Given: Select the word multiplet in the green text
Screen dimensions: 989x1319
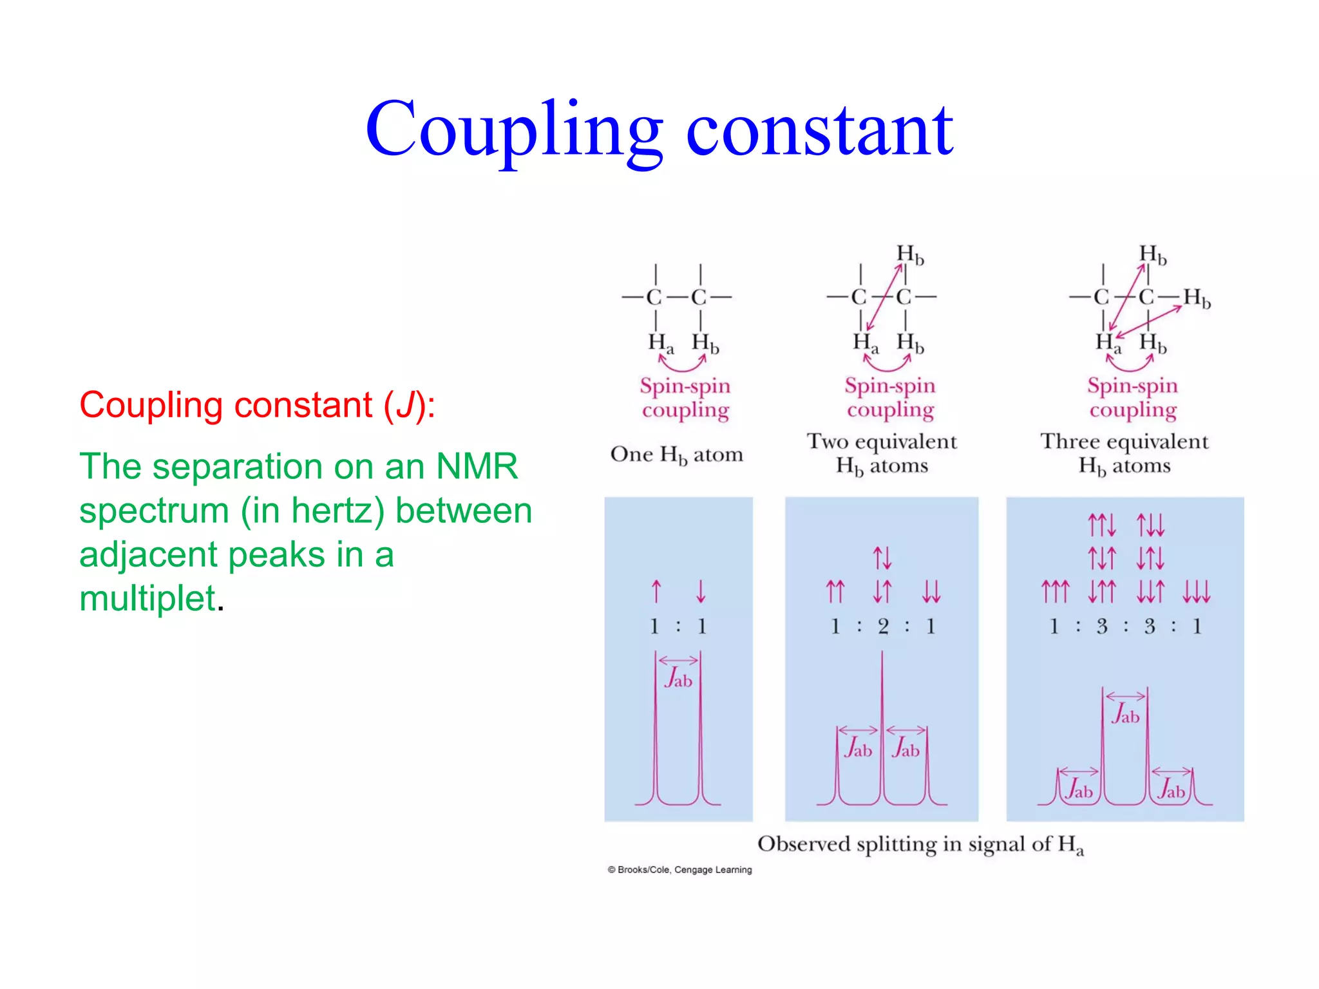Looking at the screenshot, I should click(147, 598).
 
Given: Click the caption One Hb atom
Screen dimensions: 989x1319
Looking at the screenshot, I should click(676, 455).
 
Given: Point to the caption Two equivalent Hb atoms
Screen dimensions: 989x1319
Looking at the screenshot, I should click(882, 453).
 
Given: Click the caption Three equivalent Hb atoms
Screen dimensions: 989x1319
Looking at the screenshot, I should click(1124, 453).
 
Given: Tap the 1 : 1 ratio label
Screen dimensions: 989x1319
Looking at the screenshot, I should click(678, 626).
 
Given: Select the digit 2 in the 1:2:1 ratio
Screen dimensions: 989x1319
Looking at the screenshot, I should click(883, 626).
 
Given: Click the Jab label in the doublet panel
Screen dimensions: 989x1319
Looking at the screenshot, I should click(678, 679).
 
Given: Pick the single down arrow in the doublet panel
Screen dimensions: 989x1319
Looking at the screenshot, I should click(701, 591).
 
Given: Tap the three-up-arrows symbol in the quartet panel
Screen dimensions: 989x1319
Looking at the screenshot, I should click(1055, 591).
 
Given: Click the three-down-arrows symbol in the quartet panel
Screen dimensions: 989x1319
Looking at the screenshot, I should click(1197, 591).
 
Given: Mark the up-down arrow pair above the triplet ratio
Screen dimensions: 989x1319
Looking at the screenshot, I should click(882, 558).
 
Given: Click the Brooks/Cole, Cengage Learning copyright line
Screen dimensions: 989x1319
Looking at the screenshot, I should click(679, 870).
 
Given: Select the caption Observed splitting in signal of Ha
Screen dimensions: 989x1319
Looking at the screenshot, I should click(920, 844).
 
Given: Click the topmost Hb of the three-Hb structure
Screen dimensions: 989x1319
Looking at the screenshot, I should click(1152, 254).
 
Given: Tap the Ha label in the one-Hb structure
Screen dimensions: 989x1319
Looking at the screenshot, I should click(660, 343).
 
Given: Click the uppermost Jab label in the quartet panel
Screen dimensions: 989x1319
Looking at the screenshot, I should click(1125, 715).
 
